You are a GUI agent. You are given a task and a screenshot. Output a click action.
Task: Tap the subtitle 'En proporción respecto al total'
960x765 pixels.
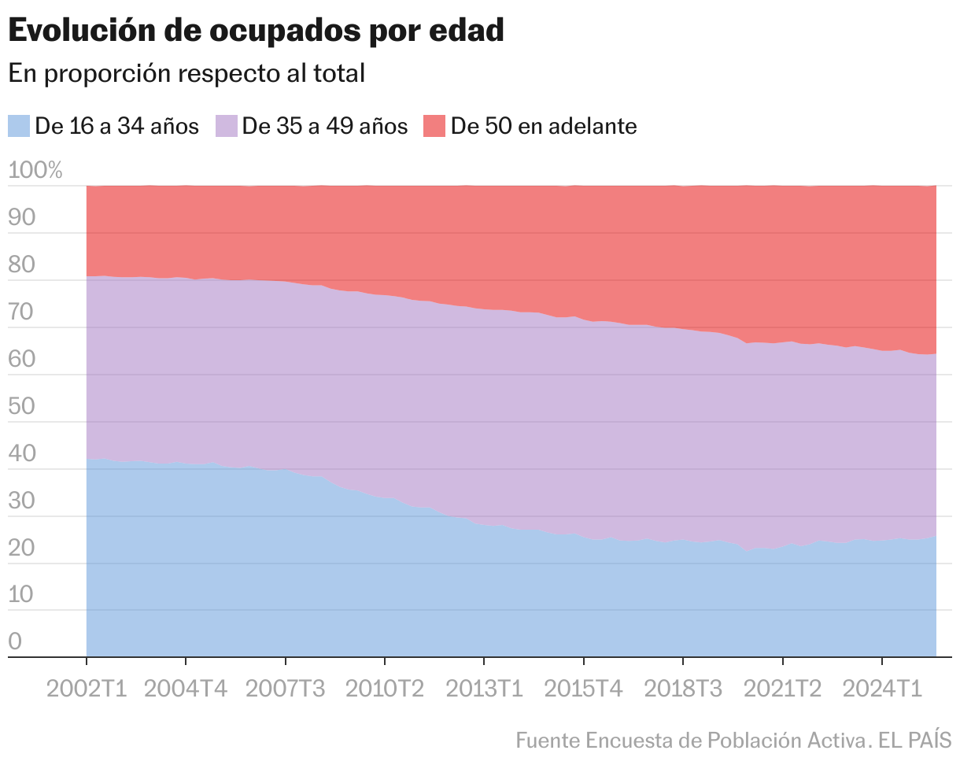[186, 73]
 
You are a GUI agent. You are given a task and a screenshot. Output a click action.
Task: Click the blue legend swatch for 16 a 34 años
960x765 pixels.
[19, 126]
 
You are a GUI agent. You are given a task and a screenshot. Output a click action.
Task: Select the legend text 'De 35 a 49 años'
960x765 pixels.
[324, 126]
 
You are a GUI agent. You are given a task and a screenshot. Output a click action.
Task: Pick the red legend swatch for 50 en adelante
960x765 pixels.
[434, 126]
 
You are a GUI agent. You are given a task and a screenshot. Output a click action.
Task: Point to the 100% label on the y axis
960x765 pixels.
[35, 171]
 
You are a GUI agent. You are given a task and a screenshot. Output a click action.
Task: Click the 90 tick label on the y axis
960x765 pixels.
[23, 218]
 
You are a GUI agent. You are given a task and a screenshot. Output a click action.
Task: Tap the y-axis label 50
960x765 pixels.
[23, 407]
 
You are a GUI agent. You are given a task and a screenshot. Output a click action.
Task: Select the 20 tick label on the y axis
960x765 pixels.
[23, 549]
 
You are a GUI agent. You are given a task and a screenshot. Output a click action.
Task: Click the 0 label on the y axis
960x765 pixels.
[15, 642]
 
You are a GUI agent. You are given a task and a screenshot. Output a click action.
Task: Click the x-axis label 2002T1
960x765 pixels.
[87, 689]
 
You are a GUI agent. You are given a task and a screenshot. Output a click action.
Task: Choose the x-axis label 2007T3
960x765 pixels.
[286, 689]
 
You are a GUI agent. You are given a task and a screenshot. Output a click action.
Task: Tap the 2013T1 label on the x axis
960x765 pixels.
[484, 689]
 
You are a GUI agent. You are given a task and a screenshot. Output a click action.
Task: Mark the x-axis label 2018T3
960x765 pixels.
[683, 689]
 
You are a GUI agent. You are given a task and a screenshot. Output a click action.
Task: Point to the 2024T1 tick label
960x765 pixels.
[882, 689]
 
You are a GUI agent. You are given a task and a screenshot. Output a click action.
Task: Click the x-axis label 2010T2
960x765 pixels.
[385, 689]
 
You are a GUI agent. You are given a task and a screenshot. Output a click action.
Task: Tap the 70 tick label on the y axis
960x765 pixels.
[23, 312]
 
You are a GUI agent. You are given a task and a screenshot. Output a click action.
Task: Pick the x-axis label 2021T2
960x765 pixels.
[783, 689]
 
